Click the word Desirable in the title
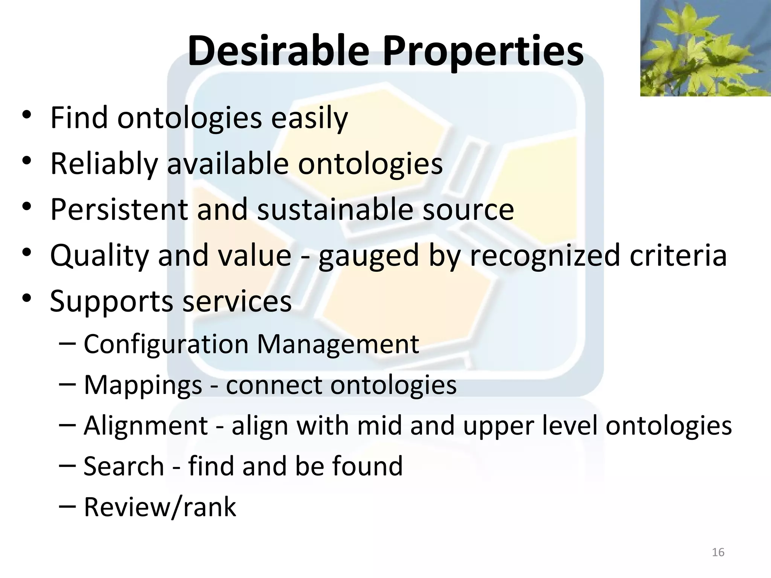(x=278, y=51)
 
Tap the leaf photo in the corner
(x=705, y=48)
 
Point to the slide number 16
(x=718, y=552)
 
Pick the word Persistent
(x=119, y=210)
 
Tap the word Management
(x=338, y=344)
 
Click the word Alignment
(x=146, y=426)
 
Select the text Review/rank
(x=160, y=507)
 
